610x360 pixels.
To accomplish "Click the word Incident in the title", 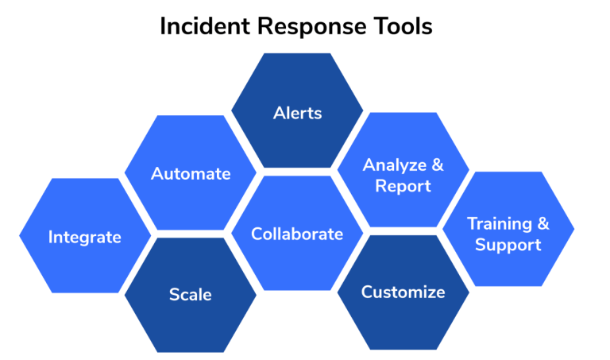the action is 205,26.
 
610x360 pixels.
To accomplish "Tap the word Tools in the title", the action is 403,26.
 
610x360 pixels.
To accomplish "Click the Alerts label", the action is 298,114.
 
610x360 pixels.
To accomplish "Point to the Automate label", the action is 191,173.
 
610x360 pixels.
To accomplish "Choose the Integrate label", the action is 85,238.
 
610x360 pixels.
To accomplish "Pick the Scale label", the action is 191,295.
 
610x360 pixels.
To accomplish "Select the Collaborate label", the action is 297,234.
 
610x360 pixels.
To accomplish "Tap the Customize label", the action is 403,292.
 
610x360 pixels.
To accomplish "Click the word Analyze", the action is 395,165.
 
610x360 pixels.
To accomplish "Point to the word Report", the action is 403,186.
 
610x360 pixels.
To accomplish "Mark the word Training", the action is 500,224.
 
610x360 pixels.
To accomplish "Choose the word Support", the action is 508,246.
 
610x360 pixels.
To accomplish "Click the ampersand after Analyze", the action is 438,165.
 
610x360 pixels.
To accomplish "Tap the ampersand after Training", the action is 543,223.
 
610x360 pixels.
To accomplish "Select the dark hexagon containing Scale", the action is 191,295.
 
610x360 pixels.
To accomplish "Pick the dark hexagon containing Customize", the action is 403,292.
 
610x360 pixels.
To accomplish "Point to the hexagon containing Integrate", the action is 85,235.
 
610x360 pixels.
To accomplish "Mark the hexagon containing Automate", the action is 191,172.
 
